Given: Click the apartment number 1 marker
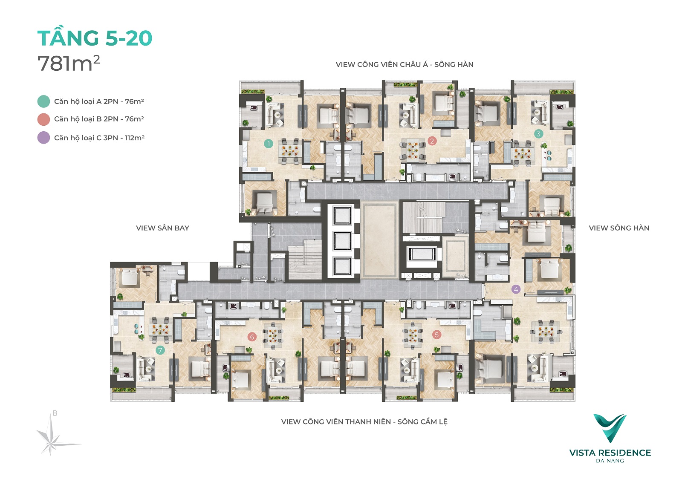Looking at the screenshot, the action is point(268,144).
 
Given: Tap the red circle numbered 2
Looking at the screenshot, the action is point(432,141).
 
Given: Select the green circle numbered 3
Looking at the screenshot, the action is point(538,133).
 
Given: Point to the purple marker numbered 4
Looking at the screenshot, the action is point(516,289).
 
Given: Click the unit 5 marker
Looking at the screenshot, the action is point(436,335).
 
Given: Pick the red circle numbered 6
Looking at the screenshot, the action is point(252,337).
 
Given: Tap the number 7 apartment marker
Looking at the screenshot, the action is point(160,350).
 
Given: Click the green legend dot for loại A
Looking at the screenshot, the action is point(43,101).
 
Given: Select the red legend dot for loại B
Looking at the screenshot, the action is point(43,119).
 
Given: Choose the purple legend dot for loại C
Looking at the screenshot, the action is point(43,138).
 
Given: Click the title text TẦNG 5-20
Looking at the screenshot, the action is point(95,38).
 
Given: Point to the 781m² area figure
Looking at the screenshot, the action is point(69,63).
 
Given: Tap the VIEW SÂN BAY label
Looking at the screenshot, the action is point(162,228).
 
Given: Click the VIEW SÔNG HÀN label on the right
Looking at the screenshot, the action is point(619,228).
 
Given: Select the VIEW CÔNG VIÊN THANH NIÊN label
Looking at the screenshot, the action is point(336,422).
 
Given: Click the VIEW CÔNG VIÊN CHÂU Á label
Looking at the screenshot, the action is point(382,64).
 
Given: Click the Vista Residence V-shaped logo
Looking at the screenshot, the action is point(610,428).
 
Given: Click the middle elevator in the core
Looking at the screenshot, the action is point(341,241).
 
